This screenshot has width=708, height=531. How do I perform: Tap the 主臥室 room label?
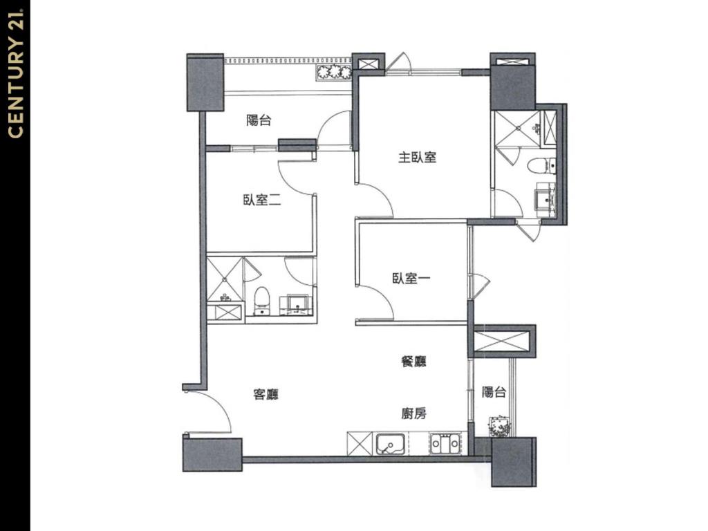[417, 158]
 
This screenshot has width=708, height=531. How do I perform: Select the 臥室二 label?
[262, 200]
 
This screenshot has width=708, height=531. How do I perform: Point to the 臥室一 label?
[411, 278]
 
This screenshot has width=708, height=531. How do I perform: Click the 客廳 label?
[266, 394]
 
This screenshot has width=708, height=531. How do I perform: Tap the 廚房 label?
[414, 413]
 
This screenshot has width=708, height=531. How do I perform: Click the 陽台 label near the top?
[259, 120]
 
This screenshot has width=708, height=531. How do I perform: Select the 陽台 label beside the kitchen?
[494, 392]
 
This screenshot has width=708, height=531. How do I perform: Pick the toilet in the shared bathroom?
[262, 300]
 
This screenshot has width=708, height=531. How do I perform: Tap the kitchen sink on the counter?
[390, 445]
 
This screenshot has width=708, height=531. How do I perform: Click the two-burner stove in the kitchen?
[445, 444]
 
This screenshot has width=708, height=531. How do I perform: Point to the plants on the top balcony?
[334, 73]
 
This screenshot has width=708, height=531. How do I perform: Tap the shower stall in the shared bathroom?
[225, 279]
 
